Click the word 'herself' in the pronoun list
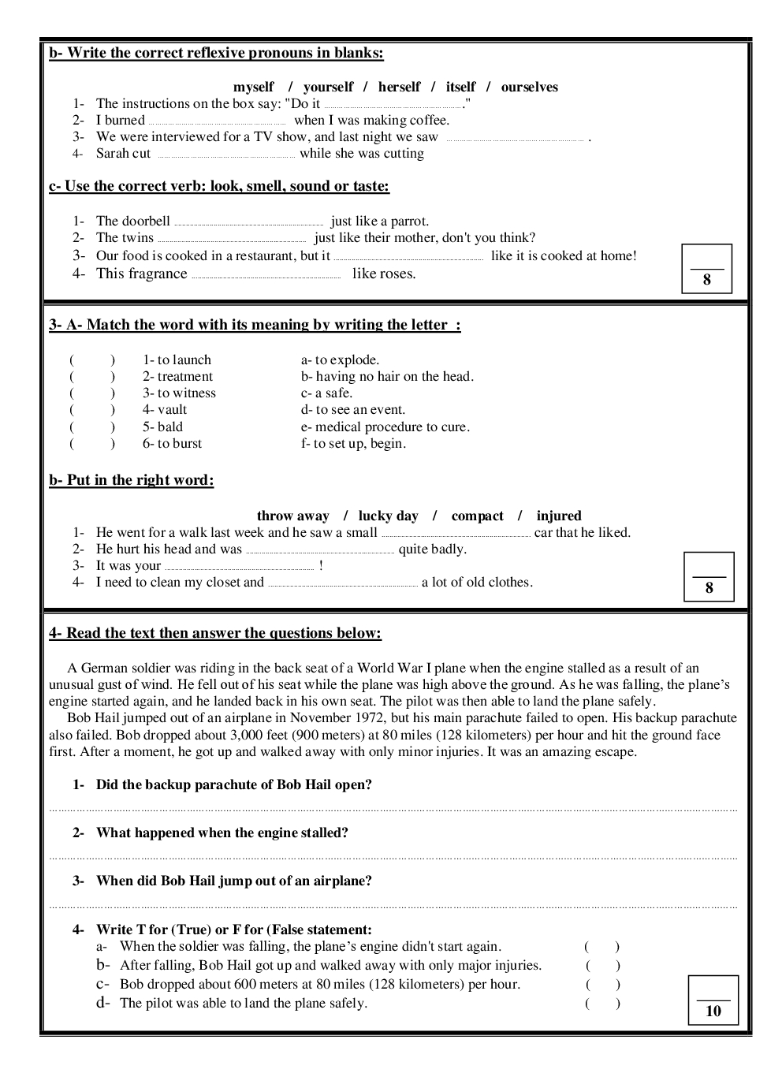tap(399, 87)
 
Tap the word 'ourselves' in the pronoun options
tap(529, 87)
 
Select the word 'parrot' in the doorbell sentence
tap(408, 221)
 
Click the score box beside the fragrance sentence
tap(706, 269)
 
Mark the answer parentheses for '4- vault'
tap(92, 409)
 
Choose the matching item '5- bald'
tap(162, 427)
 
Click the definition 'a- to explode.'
tap(340, 359)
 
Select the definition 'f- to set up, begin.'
tap(353, 443)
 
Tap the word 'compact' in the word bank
tap(477, 516)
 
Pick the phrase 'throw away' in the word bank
tap(292, 516)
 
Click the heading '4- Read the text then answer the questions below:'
tap(215, 633)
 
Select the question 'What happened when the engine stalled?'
tap(222, 833)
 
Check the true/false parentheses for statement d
tap(602, 1003)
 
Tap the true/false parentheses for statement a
tap(602, 946)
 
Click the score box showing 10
tap(713, 1000)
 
